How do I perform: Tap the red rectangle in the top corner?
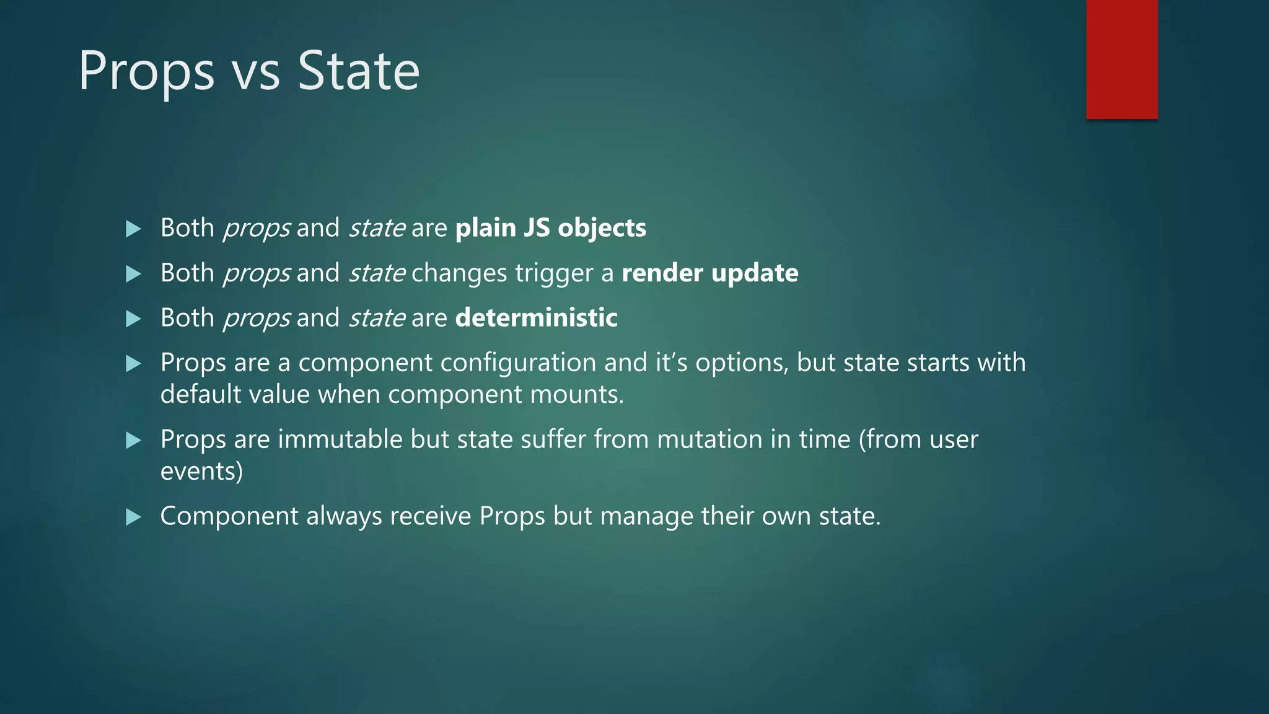[x=1122, y=59]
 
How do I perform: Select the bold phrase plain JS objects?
[x=550, y=227]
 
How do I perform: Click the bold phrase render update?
[x=709, y=273]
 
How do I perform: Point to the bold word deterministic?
[x=536, y=317]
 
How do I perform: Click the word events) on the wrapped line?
[x=201, y=471]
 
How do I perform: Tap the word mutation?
[x=709, y=439]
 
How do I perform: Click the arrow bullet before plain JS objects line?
[x=133, y=229]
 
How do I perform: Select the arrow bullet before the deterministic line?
[x=133, y=319]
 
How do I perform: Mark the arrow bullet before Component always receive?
[x=133, y=517]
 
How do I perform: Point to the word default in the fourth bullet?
[x=200, y=394]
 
